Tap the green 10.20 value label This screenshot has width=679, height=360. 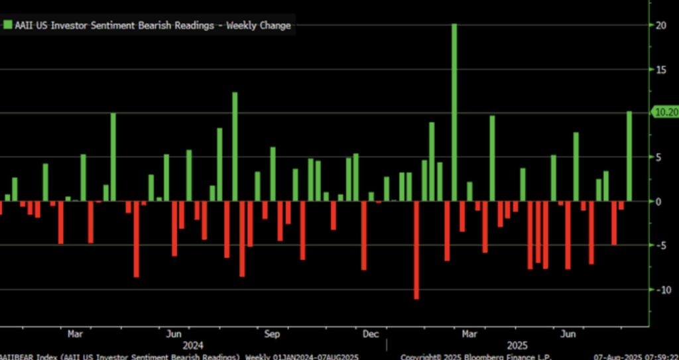[665, 112]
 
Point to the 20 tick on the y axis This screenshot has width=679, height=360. [660, 25]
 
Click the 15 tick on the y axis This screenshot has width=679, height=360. [660, 69]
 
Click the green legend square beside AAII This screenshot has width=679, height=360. [8, 25]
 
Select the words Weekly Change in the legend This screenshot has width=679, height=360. [259, 25]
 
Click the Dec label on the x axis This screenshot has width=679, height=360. [371, 333]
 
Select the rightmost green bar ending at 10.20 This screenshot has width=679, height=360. [629, 156]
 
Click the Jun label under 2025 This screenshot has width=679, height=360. [568, 333]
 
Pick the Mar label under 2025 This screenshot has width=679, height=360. [469, 333]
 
